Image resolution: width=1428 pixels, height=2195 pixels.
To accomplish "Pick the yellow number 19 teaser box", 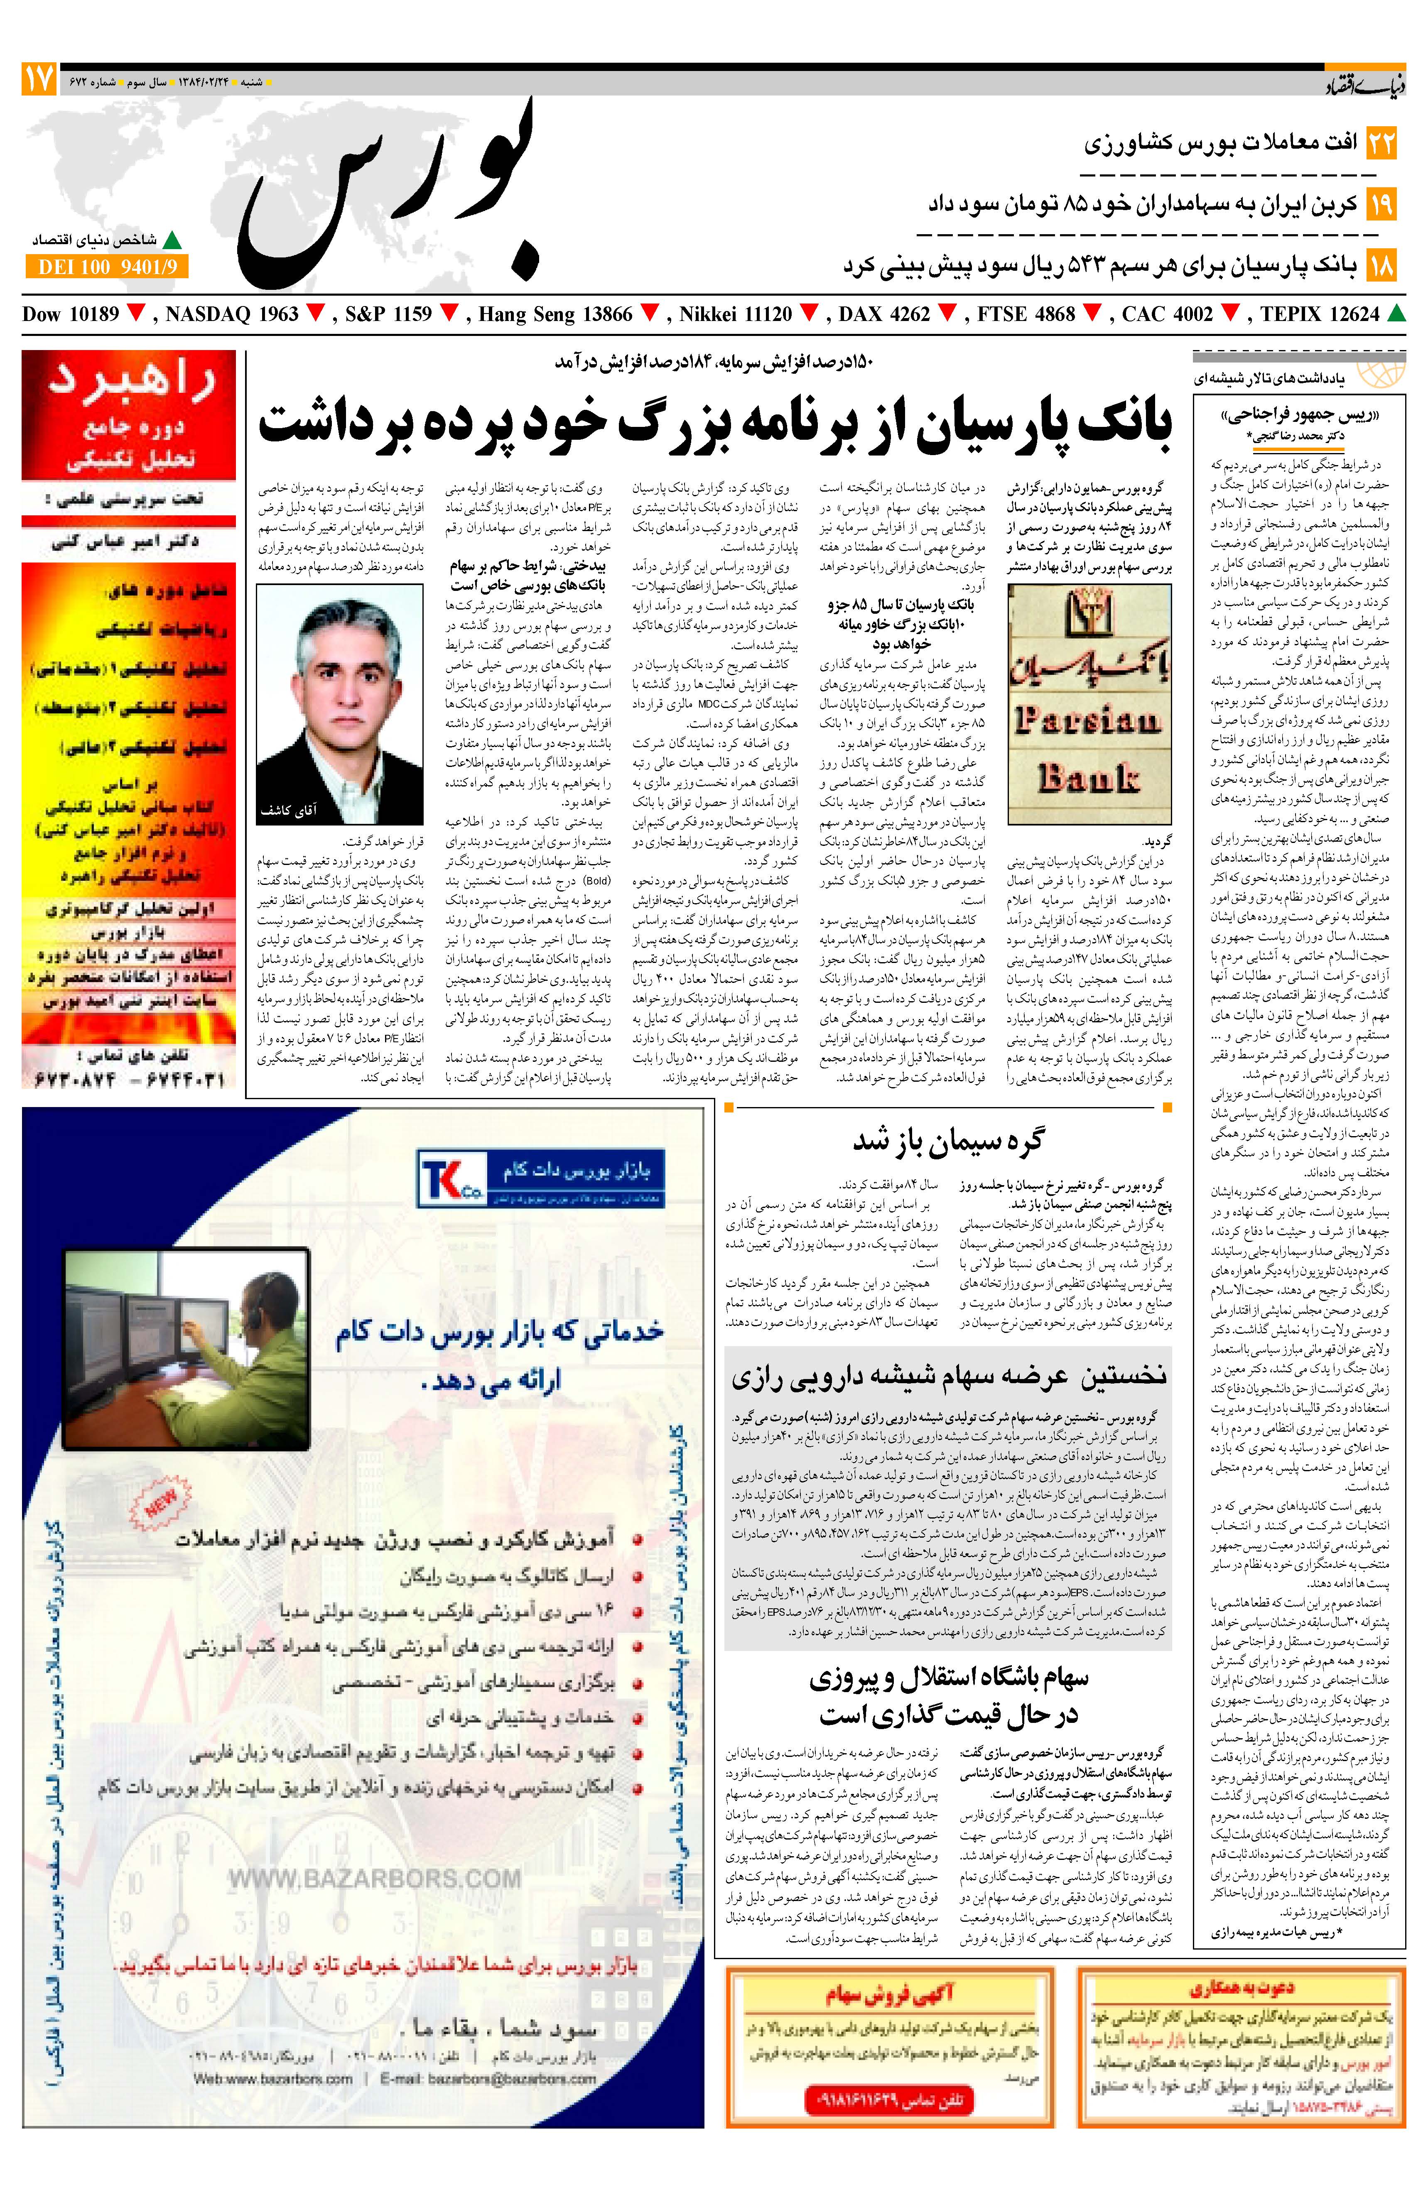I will point(1381,204).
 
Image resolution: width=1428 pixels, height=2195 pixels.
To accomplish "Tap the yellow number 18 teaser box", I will point(1381,266).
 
